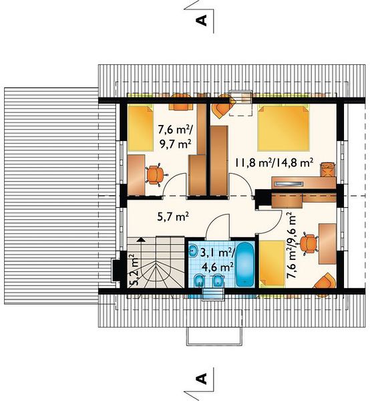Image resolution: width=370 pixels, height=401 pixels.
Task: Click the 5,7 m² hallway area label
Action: click(173, 217)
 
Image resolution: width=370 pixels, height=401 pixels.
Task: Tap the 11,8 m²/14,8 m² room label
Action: click(274, 162)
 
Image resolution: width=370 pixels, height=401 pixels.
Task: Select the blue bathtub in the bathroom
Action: click(245, 264)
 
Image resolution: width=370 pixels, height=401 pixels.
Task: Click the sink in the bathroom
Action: click(194, 251)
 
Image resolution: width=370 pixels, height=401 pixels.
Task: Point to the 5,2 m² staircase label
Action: click(134, 269)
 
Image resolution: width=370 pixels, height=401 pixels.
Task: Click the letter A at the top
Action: click(202, 20)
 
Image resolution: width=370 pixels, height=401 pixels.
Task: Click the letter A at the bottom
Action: click(202, 379)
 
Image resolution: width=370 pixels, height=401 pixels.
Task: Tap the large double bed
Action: click(283, 128)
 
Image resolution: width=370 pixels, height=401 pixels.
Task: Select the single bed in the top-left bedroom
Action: click(141, 128)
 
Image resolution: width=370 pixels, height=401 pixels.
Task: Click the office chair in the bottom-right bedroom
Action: click(309, 243)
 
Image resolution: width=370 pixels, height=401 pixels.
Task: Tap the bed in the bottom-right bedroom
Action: click(272, 264)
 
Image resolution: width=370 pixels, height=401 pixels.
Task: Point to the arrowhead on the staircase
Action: click(140, 240)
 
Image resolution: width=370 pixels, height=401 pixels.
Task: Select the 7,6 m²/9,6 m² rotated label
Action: click(291, 246)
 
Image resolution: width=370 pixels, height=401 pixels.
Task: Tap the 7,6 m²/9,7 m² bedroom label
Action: click(175, 137)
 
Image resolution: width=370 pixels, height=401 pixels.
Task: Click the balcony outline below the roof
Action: click(214, 345)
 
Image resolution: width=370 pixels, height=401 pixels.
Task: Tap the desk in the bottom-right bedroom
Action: click(327, 243)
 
